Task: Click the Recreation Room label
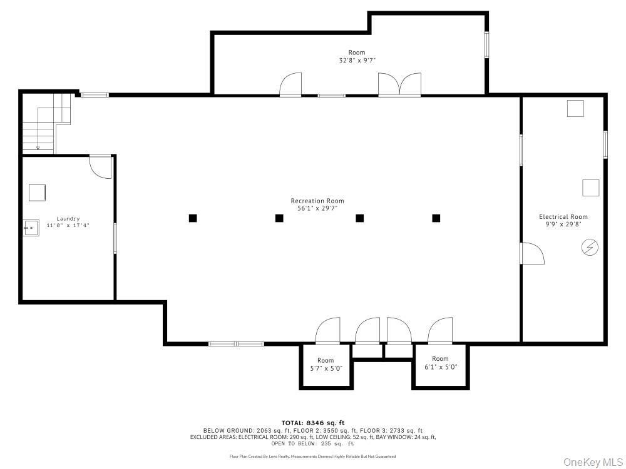pyautogui.click(x=317, y=201)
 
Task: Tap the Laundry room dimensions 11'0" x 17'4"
pyautogui.click(x=68, y=225)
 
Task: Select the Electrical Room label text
pyautogui.click(x=563, y=216)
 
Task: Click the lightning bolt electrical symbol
pyautogui.click(x=590, y=247)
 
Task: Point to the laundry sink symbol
pyautogui.click(x=31, y=228)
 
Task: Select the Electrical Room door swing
pyautogui.click(x=533, y=253)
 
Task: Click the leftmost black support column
pyautogui.click(x=193, y=218)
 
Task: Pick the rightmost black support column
pyautogui.click(x=436, y=218)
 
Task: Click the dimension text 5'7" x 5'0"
pyautogui.click(x=326, y=368)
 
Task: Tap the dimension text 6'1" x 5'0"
pyautogui.click(x=440, y=367)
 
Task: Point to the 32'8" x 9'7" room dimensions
pyautogui.click(x=357, y=61)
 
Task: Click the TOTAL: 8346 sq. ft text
pyautogui.click(x=313, y=423)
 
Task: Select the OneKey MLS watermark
pyautogui.click(x=593, y=462)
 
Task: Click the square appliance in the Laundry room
pyautogui.click(x=37, y=193)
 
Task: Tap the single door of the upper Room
pyautogui.click(x=290, y=84)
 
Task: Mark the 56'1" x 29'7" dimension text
pyautogui.click(x=317, y=208)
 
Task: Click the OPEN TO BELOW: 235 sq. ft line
pyautogui.click(x=312, y=443)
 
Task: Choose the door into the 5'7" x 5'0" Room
pyautogui.click(x=328, y=331)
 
